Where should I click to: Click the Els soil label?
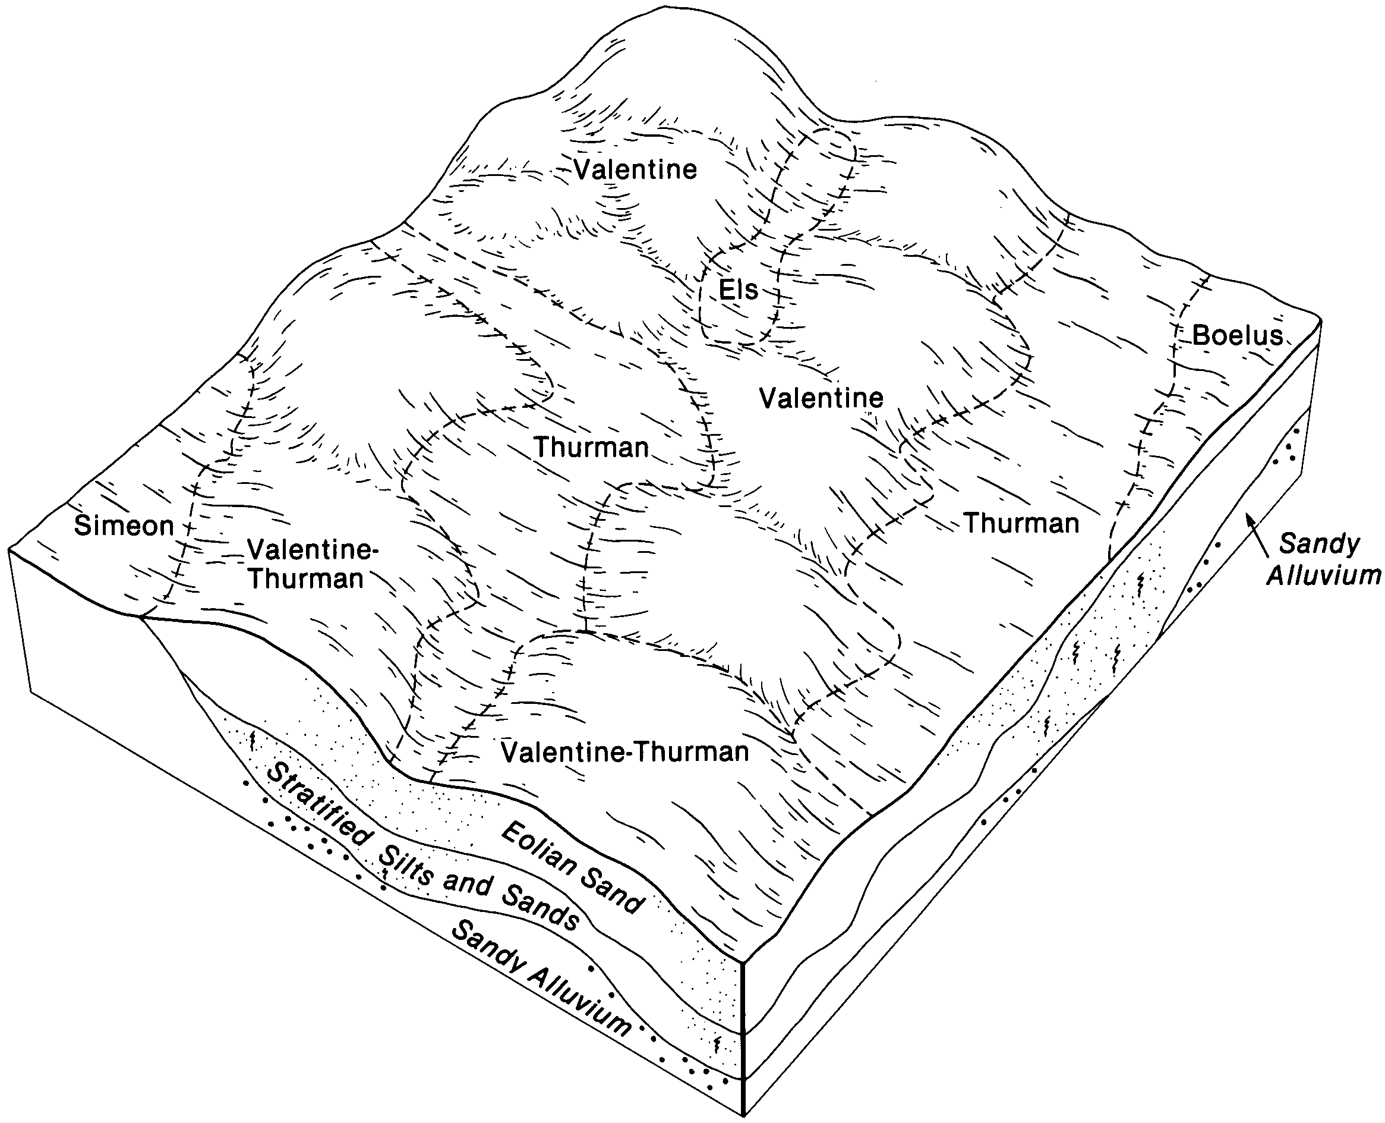[x=739, y=290]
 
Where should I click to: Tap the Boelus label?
[x=1237, y=335]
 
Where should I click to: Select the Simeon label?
[x=124, y=526]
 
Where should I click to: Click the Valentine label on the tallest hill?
[x=636, y=169]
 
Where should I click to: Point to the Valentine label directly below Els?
[x=821, y=398]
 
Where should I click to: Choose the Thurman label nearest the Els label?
[x=591, y=448]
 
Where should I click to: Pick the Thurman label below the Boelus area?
[x=1021, y=523]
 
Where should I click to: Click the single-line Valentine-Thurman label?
[x=624, y=751]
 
